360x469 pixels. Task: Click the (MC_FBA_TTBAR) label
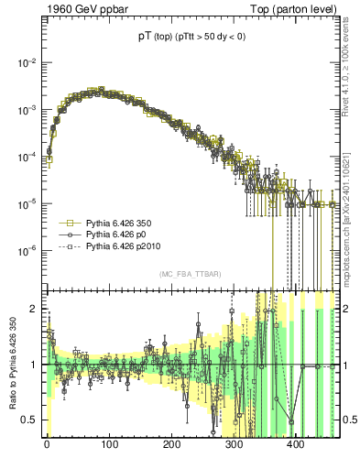pyautogui.click(x=191, y=275)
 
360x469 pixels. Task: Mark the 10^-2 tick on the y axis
pyautogui.click(x=27, y=62)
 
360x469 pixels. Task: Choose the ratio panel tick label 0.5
pyautogui.click(x=30, y=420)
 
